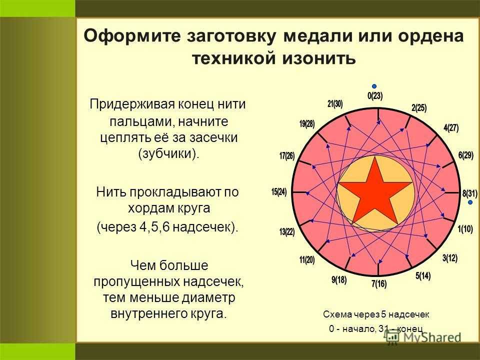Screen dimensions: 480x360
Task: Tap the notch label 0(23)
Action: (375, 96)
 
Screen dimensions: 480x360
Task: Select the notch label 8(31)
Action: (469, 193)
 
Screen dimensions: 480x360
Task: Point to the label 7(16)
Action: (379, 284)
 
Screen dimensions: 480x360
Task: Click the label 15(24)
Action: (279, 192)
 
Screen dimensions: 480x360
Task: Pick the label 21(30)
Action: (335, 104)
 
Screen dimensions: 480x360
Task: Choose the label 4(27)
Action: (451, 127)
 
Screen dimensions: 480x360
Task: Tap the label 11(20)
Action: (306, 260)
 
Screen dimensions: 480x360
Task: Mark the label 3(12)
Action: (449, 258)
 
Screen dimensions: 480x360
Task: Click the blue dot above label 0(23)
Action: (374, 86)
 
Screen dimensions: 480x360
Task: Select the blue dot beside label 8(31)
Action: (470, 202)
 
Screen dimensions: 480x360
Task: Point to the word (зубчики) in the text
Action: (168, 153)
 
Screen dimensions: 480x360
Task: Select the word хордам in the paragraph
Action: (146, 208)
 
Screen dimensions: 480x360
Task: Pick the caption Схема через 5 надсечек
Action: (376, 314)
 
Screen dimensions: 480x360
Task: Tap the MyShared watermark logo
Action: (423, 337)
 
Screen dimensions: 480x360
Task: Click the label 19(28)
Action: (306, 124)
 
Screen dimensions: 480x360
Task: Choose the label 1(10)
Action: (465, 229)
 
